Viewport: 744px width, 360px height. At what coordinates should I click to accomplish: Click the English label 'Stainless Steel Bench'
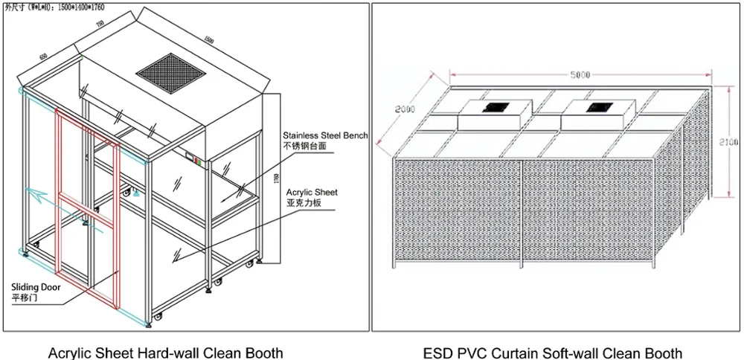point(325,135)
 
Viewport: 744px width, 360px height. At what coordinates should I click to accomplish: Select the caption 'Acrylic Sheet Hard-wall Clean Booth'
point(165,351)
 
